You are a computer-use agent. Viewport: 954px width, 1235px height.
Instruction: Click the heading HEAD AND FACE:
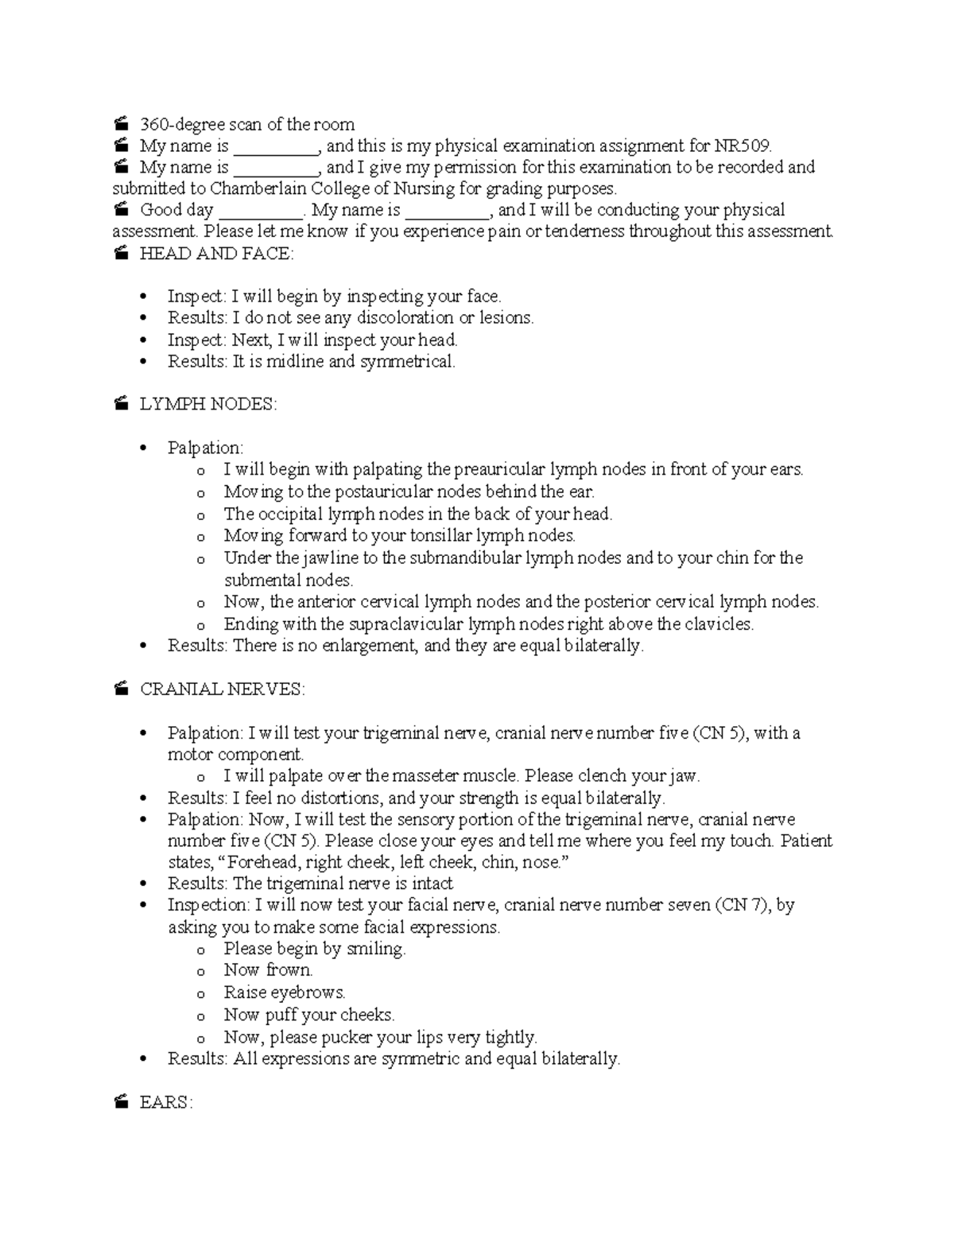point(216,254)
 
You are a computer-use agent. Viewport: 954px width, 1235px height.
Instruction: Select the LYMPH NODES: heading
point(208,405)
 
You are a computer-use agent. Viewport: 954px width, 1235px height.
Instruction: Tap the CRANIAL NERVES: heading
point(222,689)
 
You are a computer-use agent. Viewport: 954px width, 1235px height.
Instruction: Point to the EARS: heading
point(166,1103)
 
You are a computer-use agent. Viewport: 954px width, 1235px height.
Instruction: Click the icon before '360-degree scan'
point(121,124)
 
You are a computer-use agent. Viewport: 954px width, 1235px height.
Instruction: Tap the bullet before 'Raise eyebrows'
point(201,994)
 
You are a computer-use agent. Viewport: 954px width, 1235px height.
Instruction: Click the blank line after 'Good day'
point(259,212)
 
